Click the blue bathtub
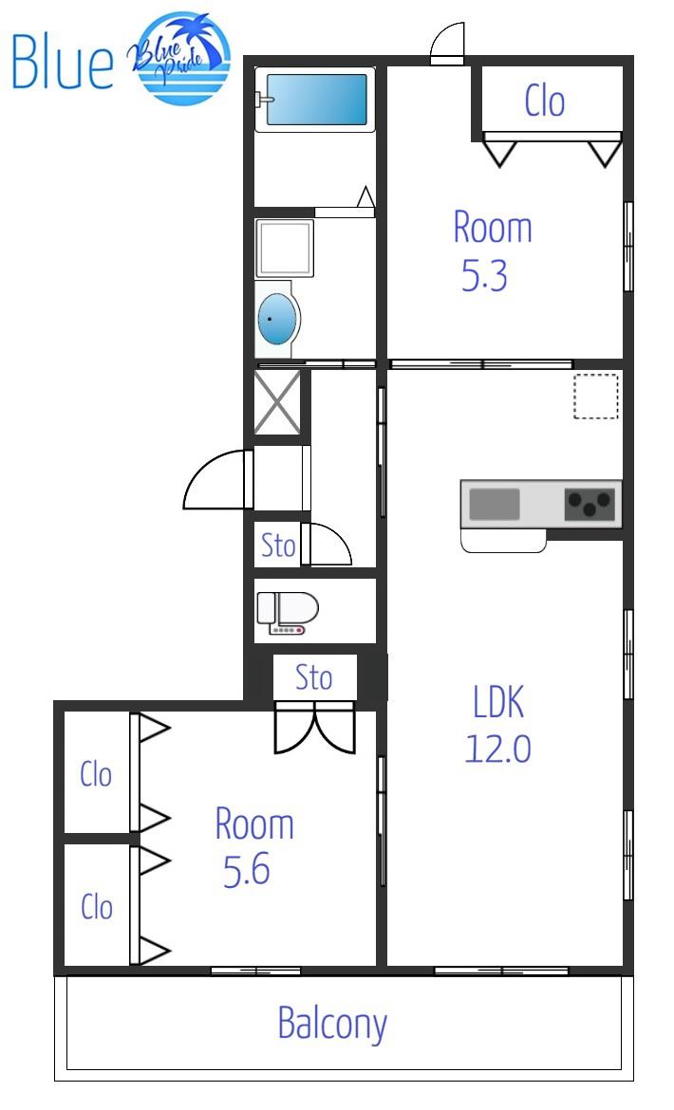(x=315, y=100)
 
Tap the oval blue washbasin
(x=277, y=320)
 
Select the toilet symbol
(x=287, y=612)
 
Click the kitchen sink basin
(x=495, y=504)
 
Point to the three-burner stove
(x=590, y=504)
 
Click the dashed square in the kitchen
(x=596, y=397)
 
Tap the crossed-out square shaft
(x=277, y=401)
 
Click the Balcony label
(x=332, y=1024)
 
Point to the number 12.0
(x=497, y=748)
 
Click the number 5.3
(x=485, y=275)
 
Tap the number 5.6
(x=247, y=870)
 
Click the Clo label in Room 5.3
(x=545, y=101)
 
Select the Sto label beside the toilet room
(x=278, y=546)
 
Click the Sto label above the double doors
(x=313, y=677)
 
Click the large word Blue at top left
(x=63, y=63)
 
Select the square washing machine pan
(x=285, y=248)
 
